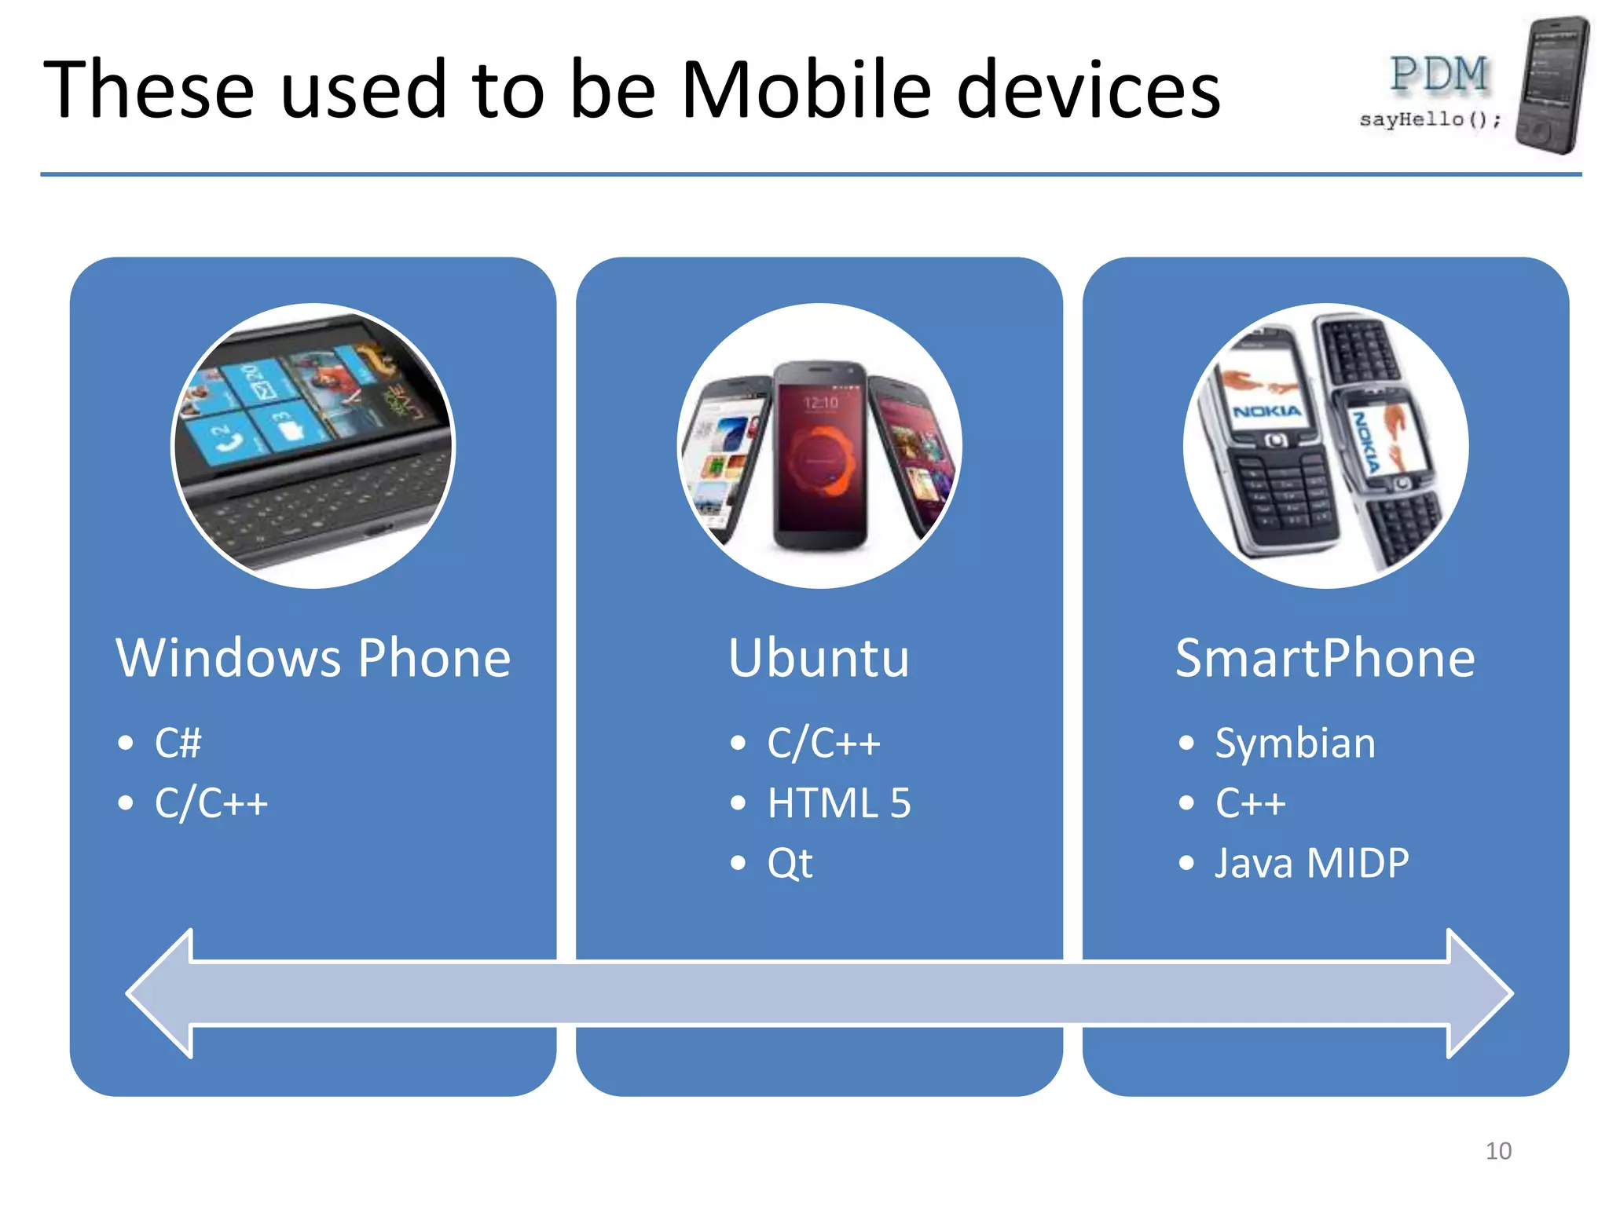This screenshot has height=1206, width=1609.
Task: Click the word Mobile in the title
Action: (x=805, y=90)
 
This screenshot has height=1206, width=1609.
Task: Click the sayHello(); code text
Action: (x=1430, y=119)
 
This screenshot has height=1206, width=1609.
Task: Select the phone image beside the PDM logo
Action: (x=1552, y=85)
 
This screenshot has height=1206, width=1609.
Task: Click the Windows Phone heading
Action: (x=313, y=657)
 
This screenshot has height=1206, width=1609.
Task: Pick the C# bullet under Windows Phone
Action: (x=178, y=743)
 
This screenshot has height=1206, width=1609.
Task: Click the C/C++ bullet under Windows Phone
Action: (x=211, y=803)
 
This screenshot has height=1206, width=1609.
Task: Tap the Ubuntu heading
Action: (x=819, y=657)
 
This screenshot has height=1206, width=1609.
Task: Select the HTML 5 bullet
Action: (x=838, y=803)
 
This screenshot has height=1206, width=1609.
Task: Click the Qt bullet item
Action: (x=790, y=863)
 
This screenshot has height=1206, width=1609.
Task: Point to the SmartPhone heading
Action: (x=1325, y=657)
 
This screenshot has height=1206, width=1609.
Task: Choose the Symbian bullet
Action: (x=1295, y=743)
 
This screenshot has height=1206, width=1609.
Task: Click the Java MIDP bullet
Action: (x=1311, y=863)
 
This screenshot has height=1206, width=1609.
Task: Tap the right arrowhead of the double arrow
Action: (x=1477, y=993)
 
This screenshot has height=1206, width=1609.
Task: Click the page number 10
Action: (x=1498, y=1151)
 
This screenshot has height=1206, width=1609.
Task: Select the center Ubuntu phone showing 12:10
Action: (x=820, y=455)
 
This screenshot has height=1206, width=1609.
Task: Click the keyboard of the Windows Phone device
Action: (x=314, y=510)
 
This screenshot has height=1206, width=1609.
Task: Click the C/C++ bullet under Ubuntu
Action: (x=823, y=743)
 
